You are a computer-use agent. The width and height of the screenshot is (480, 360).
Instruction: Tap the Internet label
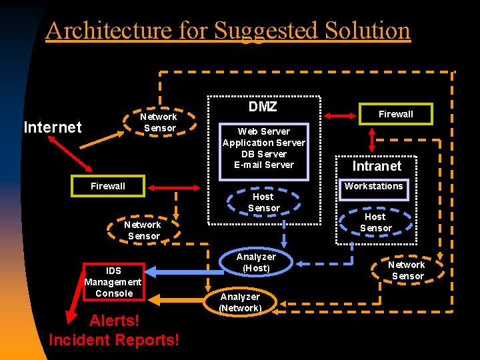(53, 127)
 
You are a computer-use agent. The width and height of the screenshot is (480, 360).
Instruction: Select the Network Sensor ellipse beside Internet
(159, 122)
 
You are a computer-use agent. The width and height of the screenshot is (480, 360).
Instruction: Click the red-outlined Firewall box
(108, 186)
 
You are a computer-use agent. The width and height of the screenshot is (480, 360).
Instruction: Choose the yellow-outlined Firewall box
(396, 114)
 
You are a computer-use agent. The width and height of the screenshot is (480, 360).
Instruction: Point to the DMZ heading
(263, 107)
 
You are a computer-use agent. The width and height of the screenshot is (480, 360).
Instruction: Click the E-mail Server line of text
(264, 165)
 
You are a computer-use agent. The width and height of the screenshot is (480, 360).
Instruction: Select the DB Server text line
(264, 154)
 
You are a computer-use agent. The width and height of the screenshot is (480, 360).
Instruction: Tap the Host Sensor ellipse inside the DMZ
(263, 203)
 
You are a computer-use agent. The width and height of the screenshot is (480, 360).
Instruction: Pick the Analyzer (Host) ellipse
(256, 262)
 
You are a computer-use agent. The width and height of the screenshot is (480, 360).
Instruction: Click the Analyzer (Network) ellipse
(240, 302)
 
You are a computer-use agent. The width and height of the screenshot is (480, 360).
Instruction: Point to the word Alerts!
(114, 321)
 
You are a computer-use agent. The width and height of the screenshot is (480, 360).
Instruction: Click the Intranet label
(377, 166)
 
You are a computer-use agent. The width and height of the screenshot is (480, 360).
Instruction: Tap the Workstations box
(374, 187)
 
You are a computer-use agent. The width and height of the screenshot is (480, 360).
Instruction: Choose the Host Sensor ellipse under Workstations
(375, 222)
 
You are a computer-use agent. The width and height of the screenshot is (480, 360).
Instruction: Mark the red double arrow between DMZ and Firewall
(340, 115)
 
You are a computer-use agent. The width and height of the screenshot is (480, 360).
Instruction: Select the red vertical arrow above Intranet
(371, 139)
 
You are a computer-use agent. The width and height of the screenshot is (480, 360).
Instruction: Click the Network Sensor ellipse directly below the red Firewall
(143, 230)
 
